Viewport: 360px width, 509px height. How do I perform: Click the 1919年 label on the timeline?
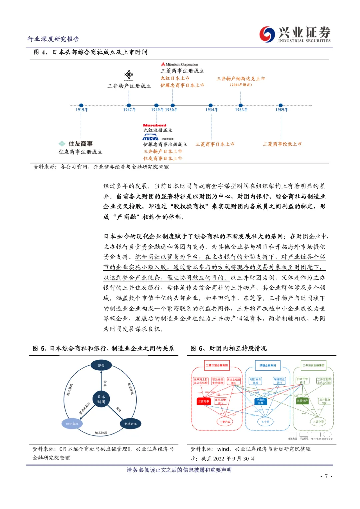(x=82, y=110)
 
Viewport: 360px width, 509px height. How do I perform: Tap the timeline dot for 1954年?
(x=211, y=105)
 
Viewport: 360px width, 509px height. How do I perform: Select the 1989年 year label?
(x=282, y=110)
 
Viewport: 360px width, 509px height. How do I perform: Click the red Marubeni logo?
(x=154, y=125)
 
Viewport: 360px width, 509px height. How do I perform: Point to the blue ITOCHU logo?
(x=150, y=138)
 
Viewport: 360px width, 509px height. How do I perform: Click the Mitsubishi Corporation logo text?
(x=179, y=64)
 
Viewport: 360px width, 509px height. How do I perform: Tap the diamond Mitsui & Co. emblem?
(x=129, y=75)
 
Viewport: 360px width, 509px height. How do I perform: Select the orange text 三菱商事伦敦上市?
(x=282, y=144)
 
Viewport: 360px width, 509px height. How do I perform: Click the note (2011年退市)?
(x=241, y=85)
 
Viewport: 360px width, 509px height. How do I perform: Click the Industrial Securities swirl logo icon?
(x=267, y=34)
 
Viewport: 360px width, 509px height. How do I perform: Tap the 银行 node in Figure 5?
(x=101, y=365)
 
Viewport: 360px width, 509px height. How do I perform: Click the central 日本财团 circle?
(x=101, y=399)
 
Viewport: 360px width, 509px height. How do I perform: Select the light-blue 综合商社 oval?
(x=72, y=424)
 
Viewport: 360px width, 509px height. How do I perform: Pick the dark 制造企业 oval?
(x=130, y=424)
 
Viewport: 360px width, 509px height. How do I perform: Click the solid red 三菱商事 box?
(x=204, y=401)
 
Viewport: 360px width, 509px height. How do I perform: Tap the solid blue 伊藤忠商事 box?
(x=260, y=401)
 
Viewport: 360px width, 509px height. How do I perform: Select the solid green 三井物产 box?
(x=302, y=401)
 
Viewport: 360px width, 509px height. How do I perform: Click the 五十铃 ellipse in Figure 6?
(x=265, y=422)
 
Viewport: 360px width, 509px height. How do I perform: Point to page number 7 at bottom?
(x=326, y=476)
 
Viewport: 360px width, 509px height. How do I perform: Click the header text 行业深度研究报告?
(x=53, y=39)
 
